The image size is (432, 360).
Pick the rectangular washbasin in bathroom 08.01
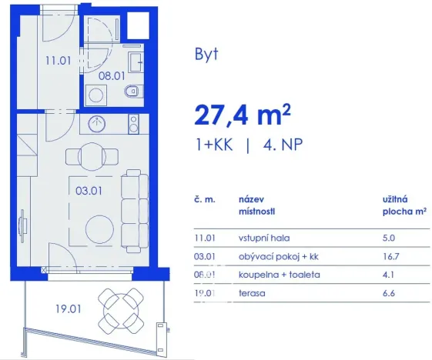(136, 62)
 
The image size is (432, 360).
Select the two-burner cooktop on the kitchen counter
(133, 122)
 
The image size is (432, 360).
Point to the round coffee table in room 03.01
(99, 228)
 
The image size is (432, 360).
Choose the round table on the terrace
(122, 306)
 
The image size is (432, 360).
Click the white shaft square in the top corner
(138, 27)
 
